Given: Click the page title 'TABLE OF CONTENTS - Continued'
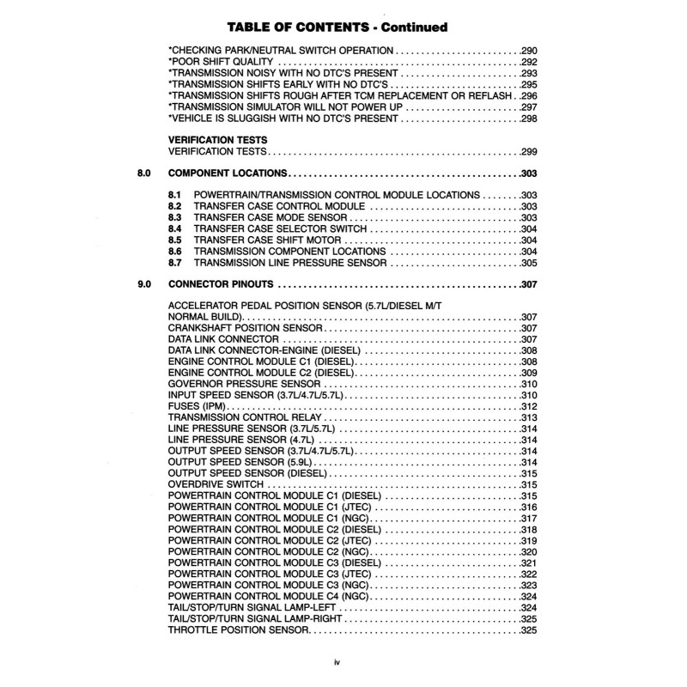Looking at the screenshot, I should pyautogui.click(x=343, y=27).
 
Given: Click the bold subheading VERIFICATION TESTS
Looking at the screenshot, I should pyautogui.click(x=217, y=138).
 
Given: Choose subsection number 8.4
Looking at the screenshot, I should pyautogui.click(x=174, y=230).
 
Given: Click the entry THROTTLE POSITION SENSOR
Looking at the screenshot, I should pyautogui.click(x=237, y=630).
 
